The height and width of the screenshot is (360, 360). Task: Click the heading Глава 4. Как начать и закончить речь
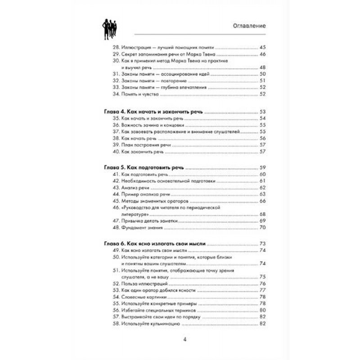[x=153, y=111]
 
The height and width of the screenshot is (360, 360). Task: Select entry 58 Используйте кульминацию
[x=148, y=324]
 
